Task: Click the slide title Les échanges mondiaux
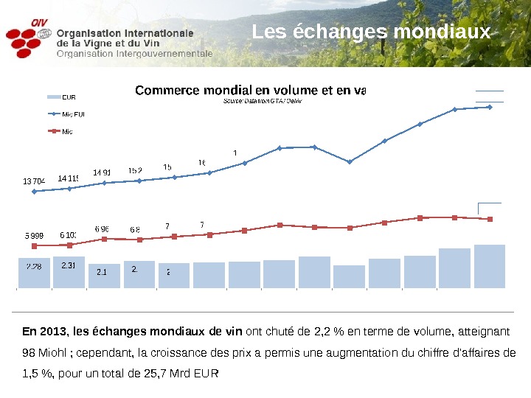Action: pos(371,33)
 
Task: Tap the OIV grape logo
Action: pos(29,41)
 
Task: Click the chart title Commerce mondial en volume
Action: pos(249,91)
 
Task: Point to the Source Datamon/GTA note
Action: pos(263,101)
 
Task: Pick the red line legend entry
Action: pos(66,132)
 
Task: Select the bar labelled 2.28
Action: pos(34,270)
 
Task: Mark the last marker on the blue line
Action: pos(490,107)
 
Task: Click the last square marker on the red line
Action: pos(490,219)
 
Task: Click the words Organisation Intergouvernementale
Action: pos(134,54)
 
